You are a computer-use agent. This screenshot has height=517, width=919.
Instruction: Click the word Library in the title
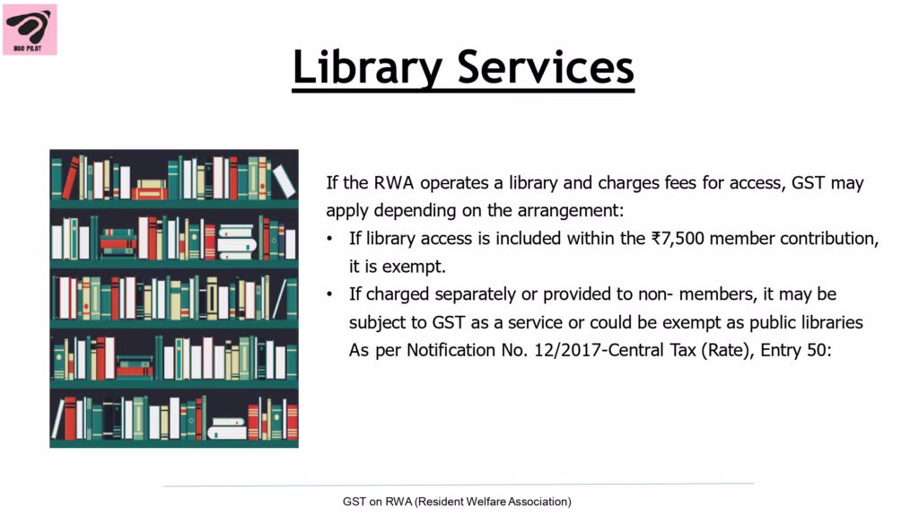click(367, 68)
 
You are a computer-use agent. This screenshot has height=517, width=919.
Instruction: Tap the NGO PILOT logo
click(30, 30)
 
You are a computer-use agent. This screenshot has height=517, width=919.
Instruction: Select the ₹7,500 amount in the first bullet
click(677, 239)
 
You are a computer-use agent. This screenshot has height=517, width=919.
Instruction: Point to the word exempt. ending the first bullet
click(414, 267)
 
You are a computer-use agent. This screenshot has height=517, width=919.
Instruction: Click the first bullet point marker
click(329, 239)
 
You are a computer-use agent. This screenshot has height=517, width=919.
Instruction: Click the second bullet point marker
click(329, 294)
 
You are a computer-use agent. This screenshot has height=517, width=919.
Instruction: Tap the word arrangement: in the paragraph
click(571, 210)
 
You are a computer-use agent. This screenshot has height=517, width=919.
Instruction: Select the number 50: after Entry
click(819, 351)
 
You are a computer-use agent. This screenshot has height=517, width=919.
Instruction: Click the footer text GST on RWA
click(378, 502)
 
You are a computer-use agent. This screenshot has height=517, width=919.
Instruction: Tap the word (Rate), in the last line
click(728, 351)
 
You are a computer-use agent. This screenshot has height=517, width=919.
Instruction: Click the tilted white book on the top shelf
click(284, 180)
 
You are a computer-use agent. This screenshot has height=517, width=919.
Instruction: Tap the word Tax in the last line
click(683, 351)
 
